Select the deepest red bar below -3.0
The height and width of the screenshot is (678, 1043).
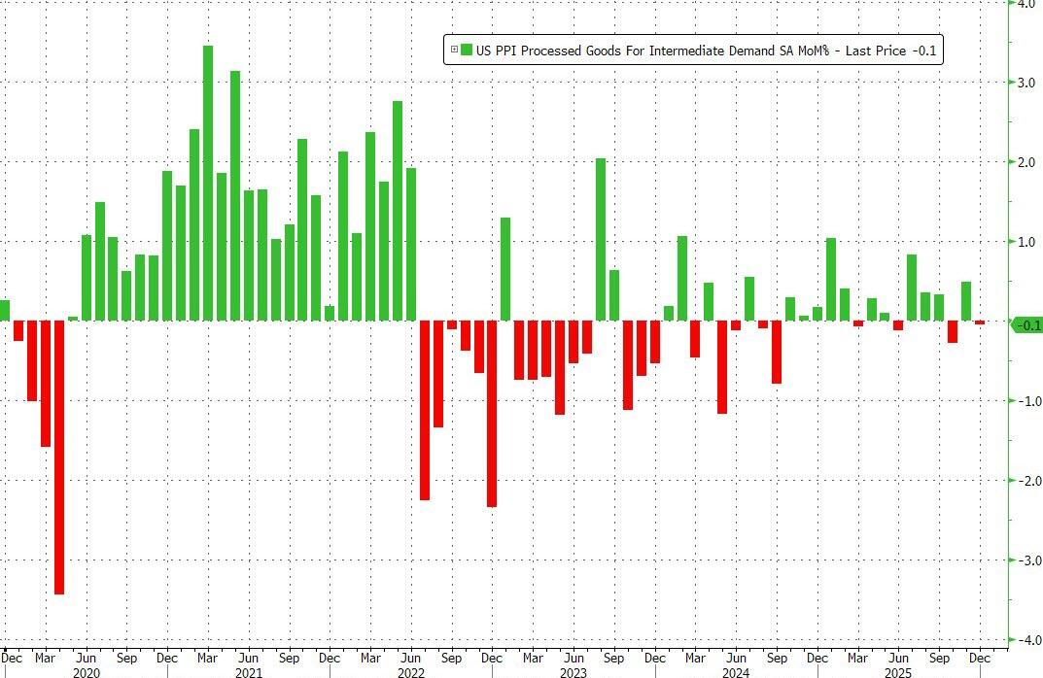click(x=59, y=457)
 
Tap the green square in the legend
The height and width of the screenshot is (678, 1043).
click(x=467, y=50)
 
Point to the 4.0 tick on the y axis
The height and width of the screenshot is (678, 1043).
click(x=1025, y=4)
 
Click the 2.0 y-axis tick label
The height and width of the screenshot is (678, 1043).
click(x=1025, y=162)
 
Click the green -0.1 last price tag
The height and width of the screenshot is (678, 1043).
click(x=1026, y=325)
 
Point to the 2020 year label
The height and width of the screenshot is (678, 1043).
click(x=86, y=671)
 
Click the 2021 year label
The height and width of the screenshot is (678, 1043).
click(x=248, y=671)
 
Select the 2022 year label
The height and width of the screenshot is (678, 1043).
click(x=411, y=671)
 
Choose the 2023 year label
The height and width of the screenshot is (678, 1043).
click(x=574, y=671)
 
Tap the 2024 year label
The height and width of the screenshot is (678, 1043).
click(x=736, y=671)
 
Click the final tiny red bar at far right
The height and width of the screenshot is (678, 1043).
click(x=979, y=322)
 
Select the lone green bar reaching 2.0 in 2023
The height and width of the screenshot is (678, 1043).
click(x=601, y=239)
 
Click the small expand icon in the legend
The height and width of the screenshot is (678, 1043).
click(x=453, y=50)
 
